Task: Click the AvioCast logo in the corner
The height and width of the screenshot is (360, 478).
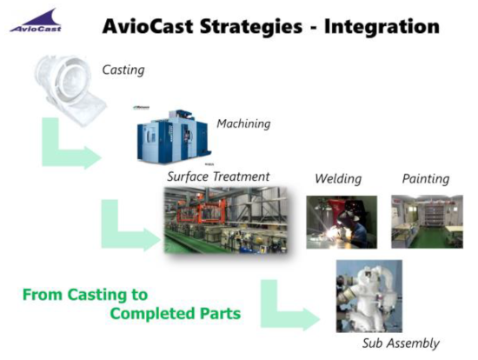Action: [36, 21]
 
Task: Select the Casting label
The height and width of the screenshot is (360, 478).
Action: [124, 69]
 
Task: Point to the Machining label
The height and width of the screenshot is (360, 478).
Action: [243, 123]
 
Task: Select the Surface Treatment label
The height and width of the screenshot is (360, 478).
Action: [218, 177]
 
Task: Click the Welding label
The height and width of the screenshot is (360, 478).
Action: [337, 179]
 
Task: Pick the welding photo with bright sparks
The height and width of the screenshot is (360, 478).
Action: [340, 221]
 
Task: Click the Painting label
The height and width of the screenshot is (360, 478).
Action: [425, 179]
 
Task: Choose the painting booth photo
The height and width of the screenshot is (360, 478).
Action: [426, 221]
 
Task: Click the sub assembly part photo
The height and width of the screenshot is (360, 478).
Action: [368, 296]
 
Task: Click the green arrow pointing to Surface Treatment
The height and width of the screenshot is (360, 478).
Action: [127, 227]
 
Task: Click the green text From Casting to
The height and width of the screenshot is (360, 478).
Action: [84, 294]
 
